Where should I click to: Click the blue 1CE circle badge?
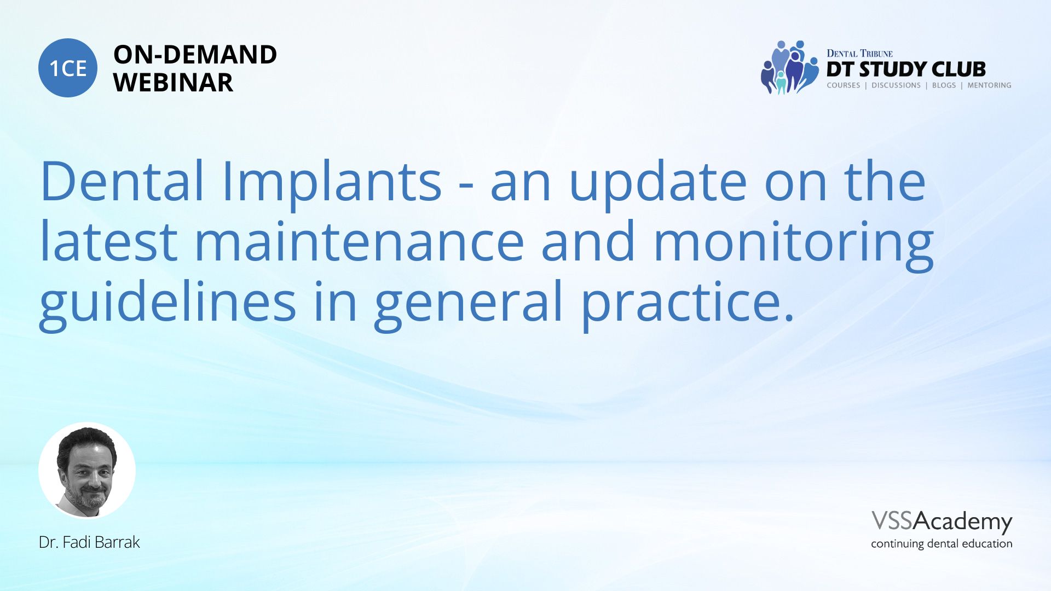pos(68,68)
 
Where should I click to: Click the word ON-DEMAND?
pos(195,55)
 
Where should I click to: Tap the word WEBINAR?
pos(173,83)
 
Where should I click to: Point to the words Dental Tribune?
pos(859,53)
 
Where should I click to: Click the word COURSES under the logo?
pos(843,85)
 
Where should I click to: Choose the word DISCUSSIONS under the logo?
pos(896,85)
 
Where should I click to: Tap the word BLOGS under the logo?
pos(944,85)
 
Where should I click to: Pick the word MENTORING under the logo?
pos(989,85)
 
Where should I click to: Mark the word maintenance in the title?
pos(359,241)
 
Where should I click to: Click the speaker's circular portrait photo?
pos(87,470)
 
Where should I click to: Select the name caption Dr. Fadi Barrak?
pos(89,542)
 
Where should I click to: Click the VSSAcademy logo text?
pos(942,522)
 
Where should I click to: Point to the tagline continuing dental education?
pos(942,544)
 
